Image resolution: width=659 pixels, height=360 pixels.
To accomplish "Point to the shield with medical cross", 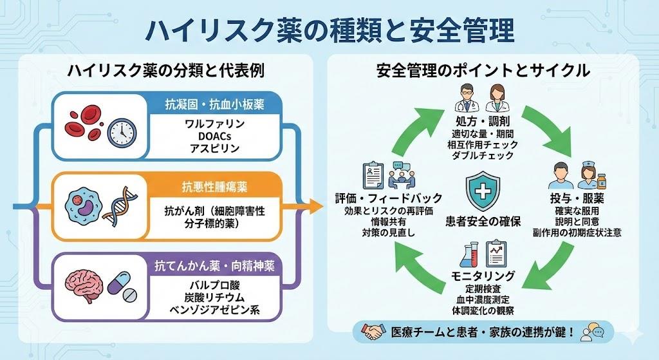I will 482,192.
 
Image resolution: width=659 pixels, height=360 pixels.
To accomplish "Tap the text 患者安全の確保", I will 483,222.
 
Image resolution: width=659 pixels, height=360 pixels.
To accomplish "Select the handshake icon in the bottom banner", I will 373,332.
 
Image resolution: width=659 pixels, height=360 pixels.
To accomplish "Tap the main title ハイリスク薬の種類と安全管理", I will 329,29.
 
